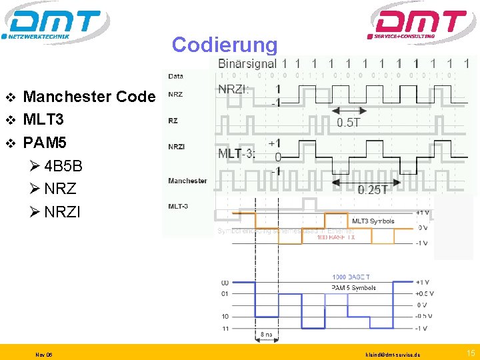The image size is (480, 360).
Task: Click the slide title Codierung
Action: [224, 45]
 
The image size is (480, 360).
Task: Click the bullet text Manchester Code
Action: [89, 97]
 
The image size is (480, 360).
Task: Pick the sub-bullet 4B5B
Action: [63, 165]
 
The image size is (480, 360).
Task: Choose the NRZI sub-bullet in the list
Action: [62, 212]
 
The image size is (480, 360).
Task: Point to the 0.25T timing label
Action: [373, 190]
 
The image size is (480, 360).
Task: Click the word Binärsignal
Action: [247, 64]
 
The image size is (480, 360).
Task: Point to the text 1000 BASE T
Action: [351, 277]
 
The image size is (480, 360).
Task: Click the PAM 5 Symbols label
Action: [353, 288]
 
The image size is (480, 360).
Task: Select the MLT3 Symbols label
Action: [373, 221]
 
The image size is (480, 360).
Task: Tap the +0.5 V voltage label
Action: [423, 293]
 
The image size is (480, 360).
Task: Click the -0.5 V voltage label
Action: [423, 316]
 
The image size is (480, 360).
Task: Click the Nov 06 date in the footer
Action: [45, 353]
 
